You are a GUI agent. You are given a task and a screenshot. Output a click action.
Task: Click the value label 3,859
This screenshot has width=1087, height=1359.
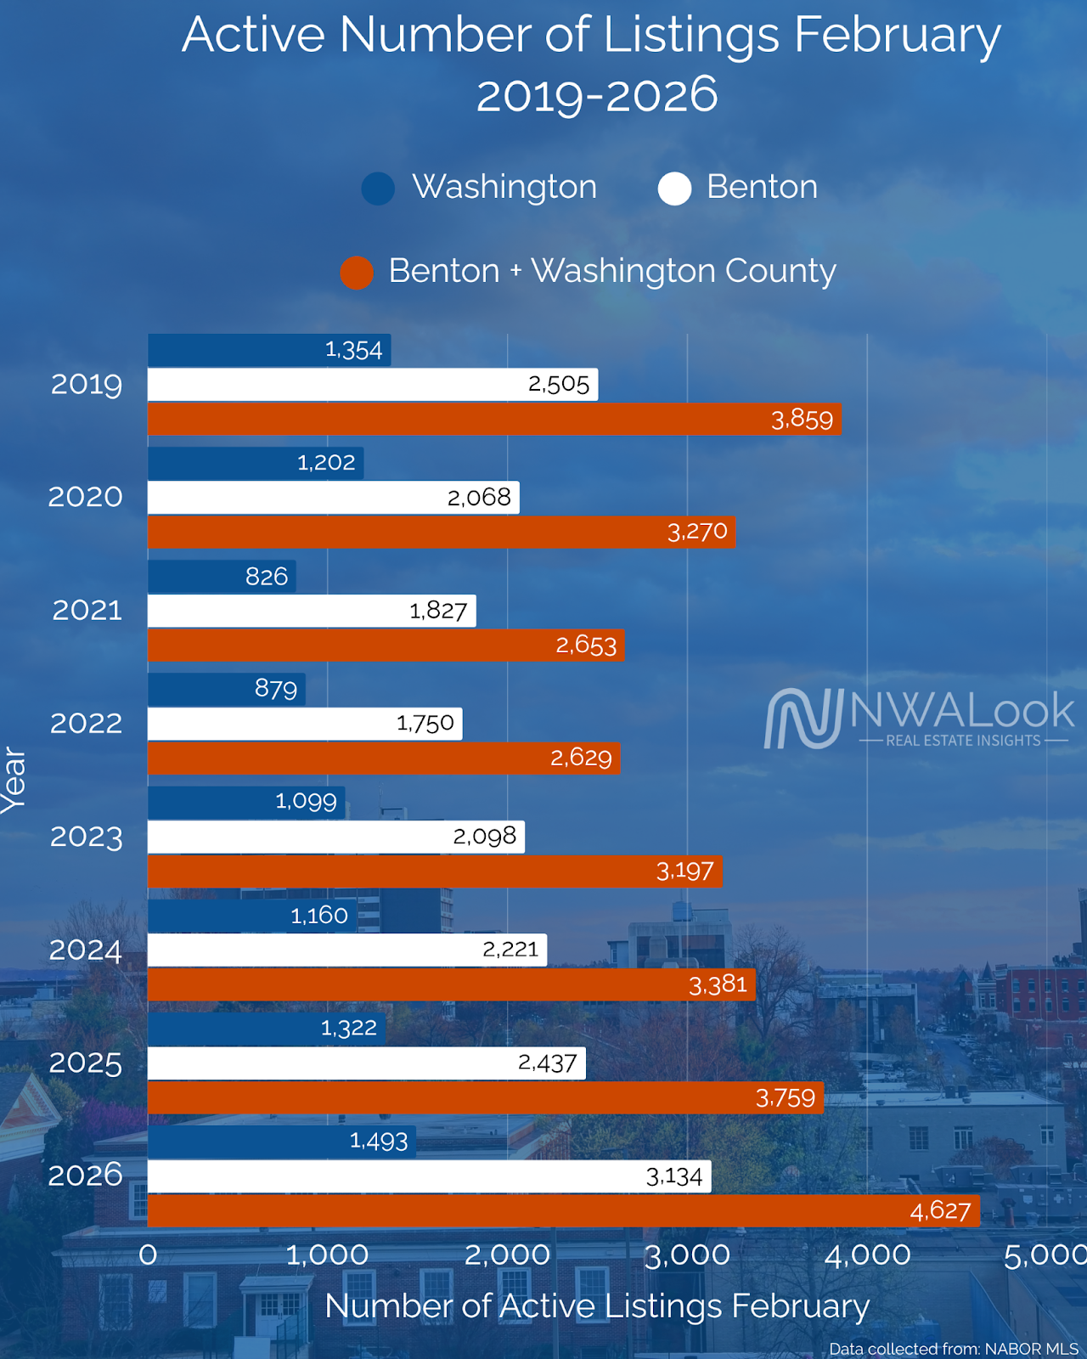tap(802, 420)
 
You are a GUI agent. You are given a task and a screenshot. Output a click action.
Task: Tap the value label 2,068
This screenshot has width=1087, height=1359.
tap(479, 497)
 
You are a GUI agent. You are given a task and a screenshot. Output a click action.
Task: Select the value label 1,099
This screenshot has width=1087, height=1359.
tap(306, 801)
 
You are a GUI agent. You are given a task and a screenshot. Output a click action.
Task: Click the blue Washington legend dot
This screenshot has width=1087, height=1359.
tap(378, 189)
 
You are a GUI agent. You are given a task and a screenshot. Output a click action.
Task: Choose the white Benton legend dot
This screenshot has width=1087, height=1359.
tap(674, 189)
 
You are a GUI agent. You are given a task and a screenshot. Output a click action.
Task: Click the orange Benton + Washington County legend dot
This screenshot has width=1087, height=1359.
tap(357, 273)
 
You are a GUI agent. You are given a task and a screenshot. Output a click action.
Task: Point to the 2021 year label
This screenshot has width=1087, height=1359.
tap(87, 610)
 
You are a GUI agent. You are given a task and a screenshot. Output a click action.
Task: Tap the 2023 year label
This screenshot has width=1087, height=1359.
tap(86, 837)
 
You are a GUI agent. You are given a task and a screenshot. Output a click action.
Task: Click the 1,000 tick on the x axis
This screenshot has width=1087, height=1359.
tap(327, 1255)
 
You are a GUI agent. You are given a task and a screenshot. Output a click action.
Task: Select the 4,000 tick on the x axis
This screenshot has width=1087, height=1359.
tap(867, 1255)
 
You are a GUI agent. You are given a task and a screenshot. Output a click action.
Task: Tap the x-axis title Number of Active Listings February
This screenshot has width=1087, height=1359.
tap(597, 1306)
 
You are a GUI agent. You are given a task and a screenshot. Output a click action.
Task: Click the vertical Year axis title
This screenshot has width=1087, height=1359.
tap(14, 780)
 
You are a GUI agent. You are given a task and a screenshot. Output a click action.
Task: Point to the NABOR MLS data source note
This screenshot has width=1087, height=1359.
tap(953, 1349)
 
